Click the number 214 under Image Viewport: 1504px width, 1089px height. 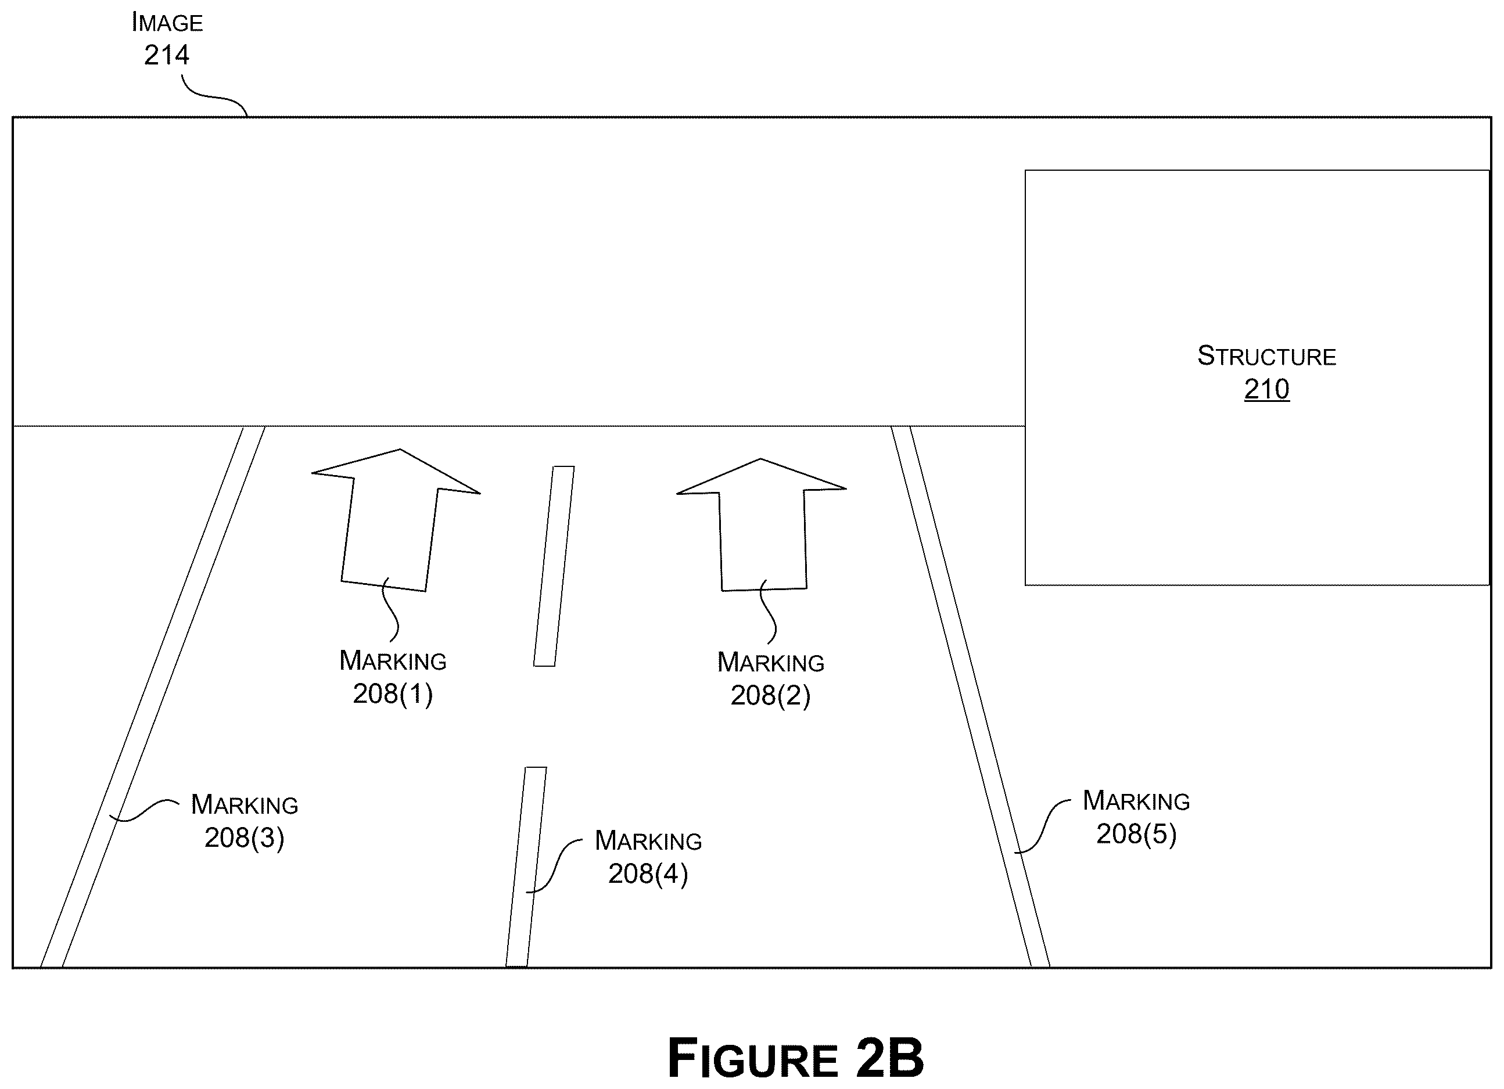coord(167,55)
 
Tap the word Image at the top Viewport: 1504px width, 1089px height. coord(167,23)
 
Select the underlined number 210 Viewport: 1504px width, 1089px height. coord(1266,389)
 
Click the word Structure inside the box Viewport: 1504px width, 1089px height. coord(1266,357)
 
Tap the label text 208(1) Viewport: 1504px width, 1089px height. coord(393,694)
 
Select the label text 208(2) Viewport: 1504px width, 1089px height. coord(770,695)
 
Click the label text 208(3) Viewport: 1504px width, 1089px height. coord(245,838)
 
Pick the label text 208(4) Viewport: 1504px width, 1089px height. coord(648,874)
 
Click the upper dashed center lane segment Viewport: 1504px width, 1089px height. coord(554,566)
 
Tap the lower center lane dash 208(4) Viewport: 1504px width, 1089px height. coord(526,867)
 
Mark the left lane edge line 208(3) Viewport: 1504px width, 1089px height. coord(153,696)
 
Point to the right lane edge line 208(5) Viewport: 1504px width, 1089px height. coord(970,696)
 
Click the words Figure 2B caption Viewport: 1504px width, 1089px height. coord(795,1059)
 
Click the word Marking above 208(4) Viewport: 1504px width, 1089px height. coord(648,840)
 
